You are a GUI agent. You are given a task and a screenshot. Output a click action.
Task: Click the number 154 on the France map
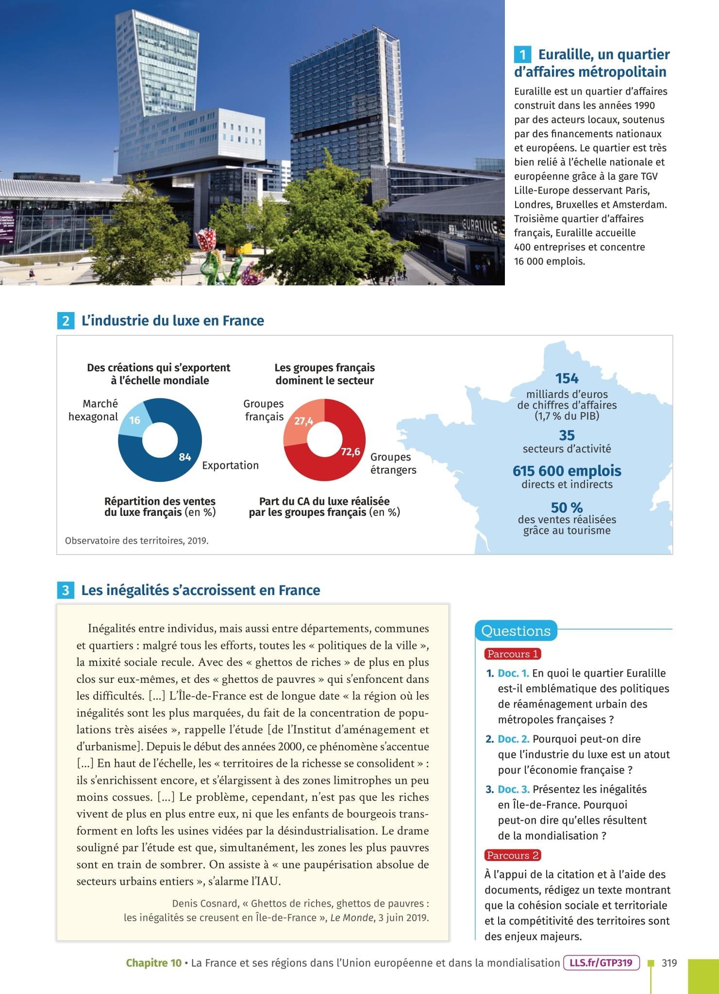pos(567,379)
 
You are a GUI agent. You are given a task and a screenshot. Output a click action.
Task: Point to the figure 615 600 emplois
pos(567,471)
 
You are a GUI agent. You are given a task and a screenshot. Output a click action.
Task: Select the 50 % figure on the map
pos(567,508)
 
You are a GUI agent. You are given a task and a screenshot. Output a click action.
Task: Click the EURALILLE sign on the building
pos(479,227)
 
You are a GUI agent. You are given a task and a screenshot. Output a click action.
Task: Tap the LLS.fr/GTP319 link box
pos(602,962)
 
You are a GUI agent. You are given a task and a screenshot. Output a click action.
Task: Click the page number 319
pos(669,963)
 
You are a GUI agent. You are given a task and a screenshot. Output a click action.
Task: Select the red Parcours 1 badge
pos(513,654)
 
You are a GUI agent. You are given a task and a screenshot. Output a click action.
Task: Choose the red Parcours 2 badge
pos(513,855)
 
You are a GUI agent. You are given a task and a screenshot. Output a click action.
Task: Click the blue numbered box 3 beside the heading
pos(66,591)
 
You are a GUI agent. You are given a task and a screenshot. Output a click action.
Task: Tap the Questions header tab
pos(516,631)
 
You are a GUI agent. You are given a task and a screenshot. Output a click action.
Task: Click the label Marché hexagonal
pos(93,410)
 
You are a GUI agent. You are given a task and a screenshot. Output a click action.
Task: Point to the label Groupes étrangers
pos(393,464)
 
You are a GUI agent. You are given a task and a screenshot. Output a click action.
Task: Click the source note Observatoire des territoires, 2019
pos(136,540)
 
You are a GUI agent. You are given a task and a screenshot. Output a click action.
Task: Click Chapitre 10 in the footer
pos(153,963)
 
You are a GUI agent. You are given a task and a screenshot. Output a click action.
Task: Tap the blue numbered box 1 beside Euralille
pos(522,54)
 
